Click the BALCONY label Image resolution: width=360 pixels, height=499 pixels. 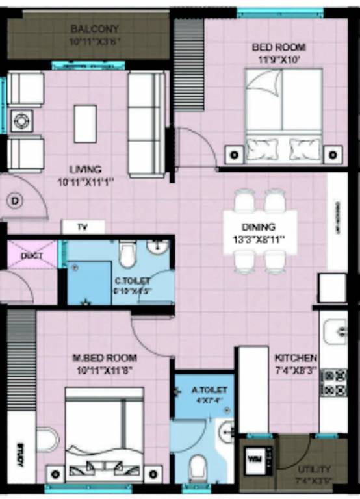click(95, 29)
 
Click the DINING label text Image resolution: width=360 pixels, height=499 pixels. click(259, 227)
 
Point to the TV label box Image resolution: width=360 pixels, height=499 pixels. click(83, 227)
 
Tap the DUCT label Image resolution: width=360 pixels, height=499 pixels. click(32, 255)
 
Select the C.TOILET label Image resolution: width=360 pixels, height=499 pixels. click(133, 281)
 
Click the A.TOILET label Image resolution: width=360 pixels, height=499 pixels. click(209, 390)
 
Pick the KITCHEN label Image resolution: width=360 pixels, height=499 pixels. click(296, 358)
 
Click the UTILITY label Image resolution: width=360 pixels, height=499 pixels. click(315, 468)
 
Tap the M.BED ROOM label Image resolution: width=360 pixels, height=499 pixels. click(105, 358)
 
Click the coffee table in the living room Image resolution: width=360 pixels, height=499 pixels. click(85, 123)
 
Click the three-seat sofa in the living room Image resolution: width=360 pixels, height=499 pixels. click(146, 124)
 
